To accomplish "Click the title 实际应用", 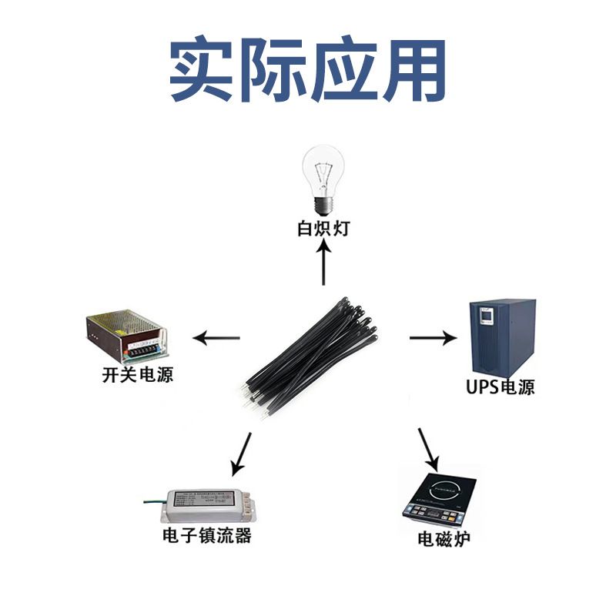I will point(308,70).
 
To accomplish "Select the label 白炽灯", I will point(323,229).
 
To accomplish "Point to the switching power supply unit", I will point(126,334).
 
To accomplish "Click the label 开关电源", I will point(137,376).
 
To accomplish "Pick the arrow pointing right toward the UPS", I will point(434,337).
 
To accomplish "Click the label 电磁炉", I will point(444,538).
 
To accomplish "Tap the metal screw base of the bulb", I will point(323,205).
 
